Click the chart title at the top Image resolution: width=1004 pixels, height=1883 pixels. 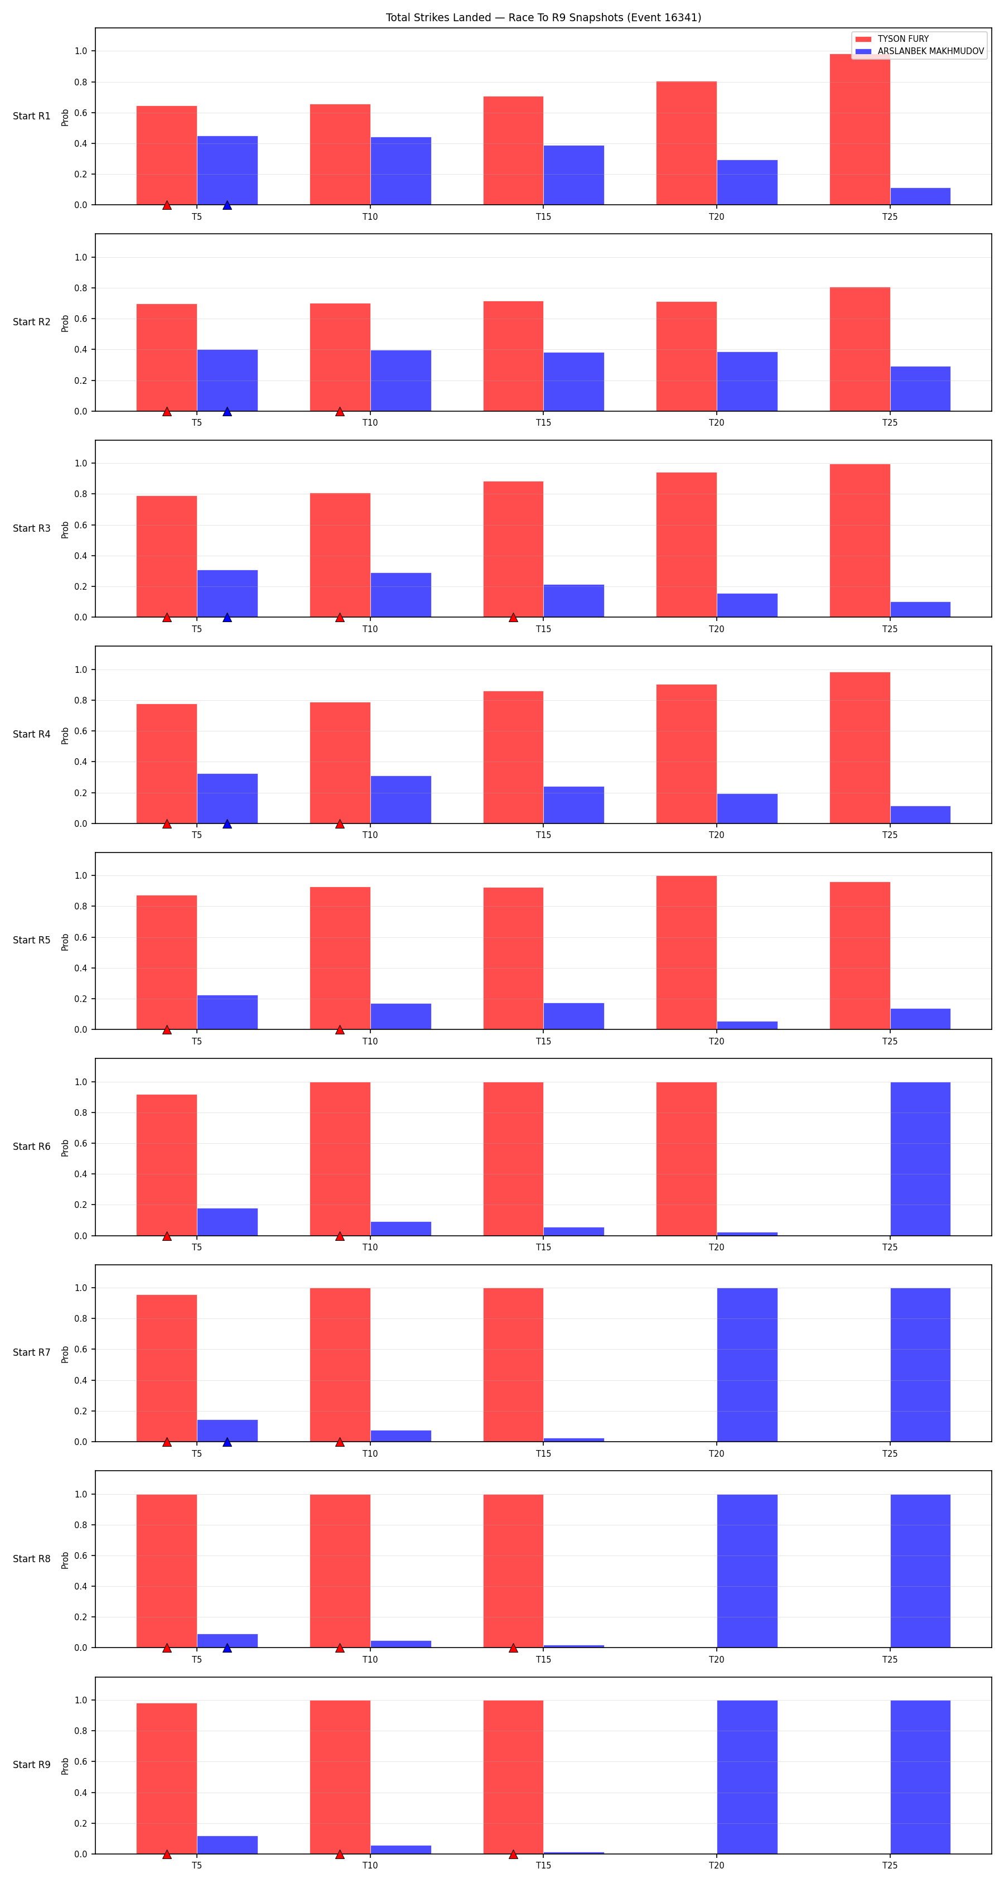[543, 17]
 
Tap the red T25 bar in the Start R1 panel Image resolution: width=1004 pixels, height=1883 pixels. [860, 129]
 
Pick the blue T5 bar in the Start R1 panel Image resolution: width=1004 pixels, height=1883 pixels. [227, 170]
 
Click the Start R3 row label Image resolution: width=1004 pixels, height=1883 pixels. [31, 528]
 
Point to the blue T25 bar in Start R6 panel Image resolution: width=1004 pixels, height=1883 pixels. [920, 1159]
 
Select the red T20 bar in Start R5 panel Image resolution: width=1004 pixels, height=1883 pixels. [686, 952]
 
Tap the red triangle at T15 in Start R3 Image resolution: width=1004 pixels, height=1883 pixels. [513, 618]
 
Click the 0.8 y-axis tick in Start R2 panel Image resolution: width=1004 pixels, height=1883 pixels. [80, 288]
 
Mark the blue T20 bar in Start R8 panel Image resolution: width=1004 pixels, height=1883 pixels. [747, 1571]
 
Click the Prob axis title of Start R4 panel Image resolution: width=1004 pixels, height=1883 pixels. [65, 735]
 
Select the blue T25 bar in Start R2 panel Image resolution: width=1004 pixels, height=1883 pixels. [920, 389]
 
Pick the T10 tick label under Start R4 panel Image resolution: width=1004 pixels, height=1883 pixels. [370, 835]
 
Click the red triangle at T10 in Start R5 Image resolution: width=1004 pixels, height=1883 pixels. [340, 1030]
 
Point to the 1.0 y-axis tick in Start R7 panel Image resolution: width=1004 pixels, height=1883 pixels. [80, 1288]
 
